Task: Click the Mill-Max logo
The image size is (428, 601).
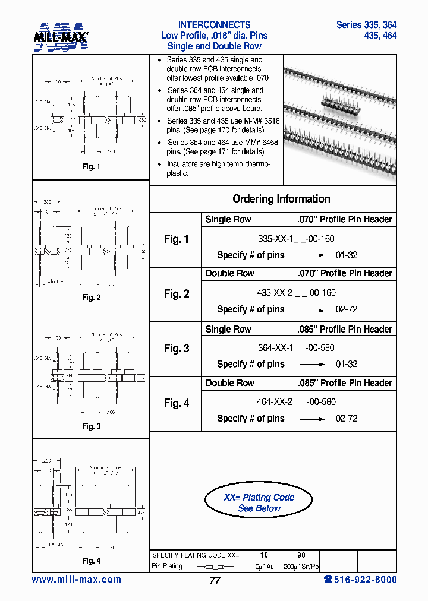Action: tap(61, 36)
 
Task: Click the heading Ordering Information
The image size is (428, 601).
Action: tap(281, 199)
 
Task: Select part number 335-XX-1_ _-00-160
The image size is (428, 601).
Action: tap(296, 239)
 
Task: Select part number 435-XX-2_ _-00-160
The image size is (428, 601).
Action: tap(296, 293)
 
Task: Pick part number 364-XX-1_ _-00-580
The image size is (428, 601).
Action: tap(296, 348)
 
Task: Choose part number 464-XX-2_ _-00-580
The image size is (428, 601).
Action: tap(296, 402)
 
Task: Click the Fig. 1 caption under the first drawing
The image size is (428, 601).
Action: tap(91, 167)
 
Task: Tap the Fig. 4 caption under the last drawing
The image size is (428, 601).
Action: tap(91, 561)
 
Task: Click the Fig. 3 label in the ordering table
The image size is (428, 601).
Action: tap(177, 349)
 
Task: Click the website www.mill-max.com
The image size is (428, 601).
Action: tap(76, 580)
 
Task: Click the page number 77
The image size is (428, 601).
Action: tap(215, 581)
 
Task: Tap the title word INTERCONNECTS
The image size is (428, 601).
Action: tap(214, 25)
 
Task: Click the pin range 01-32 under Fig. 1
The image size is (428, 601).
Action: tap(347, 255)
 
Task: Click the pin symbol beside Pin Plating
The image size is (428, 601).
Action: tap(215, 567)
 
